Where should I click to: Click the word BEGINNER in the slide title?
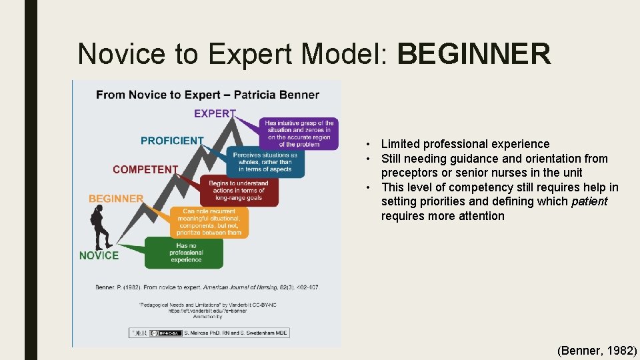474,54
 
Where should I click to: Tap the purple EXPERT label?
215,113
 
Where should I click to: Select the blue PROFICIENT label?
172,141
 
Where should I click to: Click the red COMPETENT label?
145,169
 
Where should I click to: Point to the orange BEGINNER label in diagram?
116,198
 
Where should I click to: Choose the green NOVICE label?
99,255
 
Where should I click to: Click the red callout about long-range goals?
238,191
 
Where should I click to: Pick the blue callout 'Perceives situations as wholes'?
265,162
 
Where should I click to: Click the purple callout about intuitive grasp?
299,133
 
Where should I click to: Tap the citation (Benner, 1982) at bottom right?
597,350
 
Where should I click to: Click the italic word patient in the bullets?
589,201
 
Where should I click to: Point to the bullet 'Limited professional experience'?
465,144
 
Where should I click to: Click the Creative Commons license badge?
163,332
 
